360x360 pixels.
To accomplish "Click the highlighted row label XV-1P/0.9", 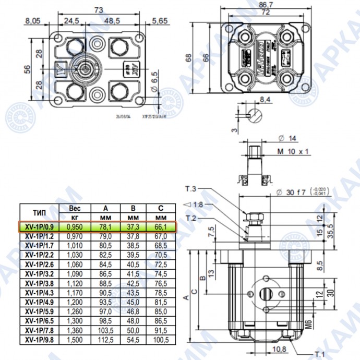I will [x=39, y=227].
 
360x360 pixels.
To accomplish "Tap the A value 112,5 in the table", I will [x=106, y=340].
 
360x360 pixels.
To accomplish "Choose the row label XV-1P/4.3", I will [x=39, y=293].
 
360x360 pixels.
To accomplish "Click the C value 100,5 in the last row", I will [x=161, y=340].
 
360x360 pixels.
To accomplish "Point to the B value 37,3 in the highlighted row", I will [x=134, y=227].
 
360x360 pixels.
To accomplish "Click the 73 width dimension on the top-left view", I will [x=97, y=10].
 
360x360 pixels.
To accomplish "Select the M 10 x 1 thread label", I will [x=293, y=151].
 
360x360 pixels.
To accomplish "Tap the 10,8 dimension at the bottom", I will [x=280, y=349].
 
